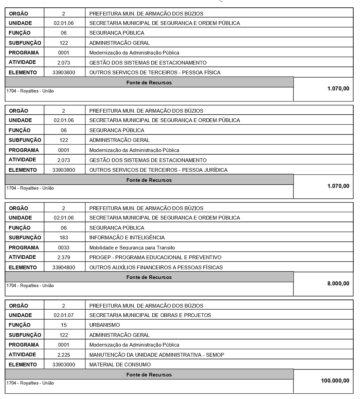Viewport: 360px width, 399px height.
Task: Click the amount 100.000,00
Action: pyautogui.click(x=335, y=381)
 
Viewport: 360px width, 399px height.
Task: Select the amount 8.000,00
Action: pyautogui.click(x=338, y=283)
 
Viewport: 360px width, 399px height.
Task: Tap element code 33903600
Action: pyautogui.click(x=64, y=72)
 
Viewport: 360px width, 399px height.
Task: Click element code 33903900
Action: pyautogui.click(x=64, y=170)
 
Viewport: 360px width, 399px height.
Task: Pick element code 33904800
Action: pyautogui.click(x=64, y=267)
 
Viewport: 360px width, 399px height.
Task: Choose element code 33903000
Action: pyautogui.click(x=64, y=364)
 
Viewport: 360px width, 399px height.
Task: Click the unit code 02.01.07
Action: pyautogui.click(x=64, y=315)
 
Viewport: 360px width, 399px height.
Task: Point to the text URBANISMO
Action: pyautogui.click(x=105, y=325)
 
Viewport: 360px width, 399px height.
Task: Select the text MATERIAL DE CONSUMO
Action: pyautogui.click(x=120, y=364)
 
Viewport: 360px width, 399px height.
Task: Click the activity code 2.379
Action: pyautogui.click(x=64, y=257)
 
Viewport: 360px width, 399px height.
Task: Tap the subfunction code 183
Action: pyautogui.click(x=64, y=237)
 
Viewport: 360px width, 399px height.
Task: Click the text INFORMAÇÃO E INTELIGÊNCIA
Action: pyautogui.click(x=127, y=237)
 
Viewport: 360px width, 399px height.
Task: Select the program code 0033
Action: pyautogui.click(x=64, y=247)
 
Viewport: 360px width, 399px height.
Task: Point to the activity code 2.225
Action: pyautogui.click(x=64, y=355)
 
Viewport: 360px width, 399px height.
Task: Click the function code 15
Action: pyautogui.click(x=64, y=325)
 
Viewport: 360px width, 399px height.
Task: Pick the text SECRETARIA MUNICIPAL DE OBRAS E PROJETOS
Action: pyautogui.click(x=150, y=315)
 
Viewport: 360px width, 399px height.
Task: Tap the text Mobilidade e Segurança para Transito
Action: pyautogui.click(x=132, y=248)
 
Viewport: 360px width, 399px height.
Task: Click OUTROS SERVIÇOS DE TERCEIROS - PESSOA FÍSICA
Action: pyautogui.click(x=155, y=72)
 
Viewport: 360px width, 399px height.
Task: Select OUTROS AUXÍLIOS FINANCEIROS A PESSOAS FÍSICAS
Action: pyautogui.click(x=156, y=267)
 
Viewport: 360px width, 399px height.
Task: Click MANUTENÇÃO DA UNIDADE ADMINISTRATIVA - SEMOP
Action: pyautogui.click(x=157, y=355)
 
